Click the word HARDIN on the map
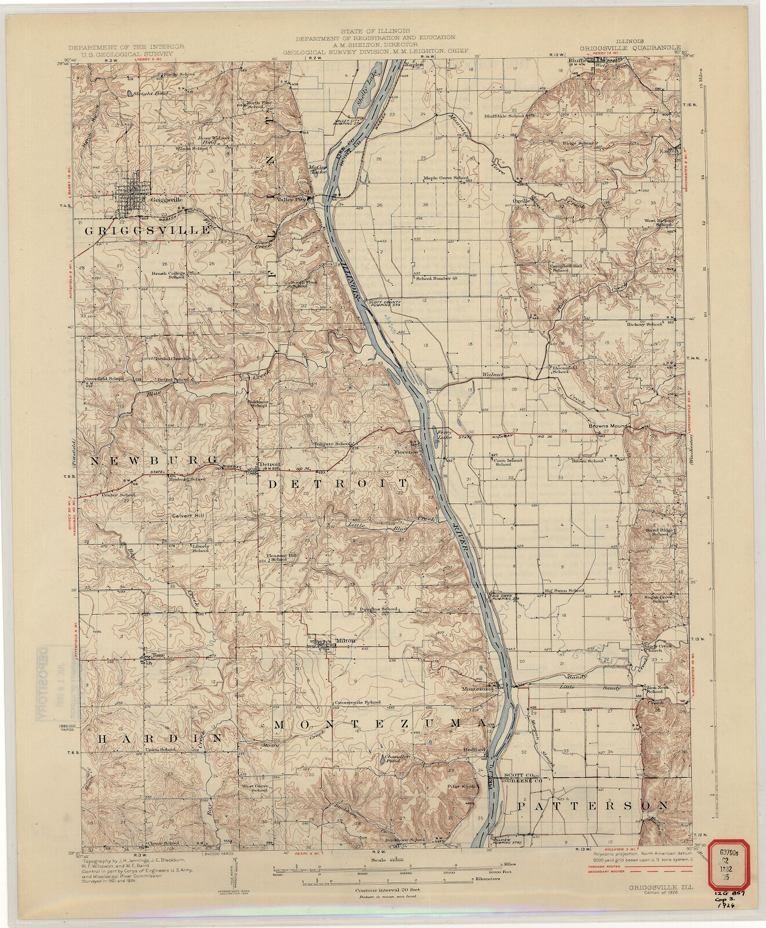[x=159, y=738]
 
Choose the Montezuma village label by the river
[x=477, y=688]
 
